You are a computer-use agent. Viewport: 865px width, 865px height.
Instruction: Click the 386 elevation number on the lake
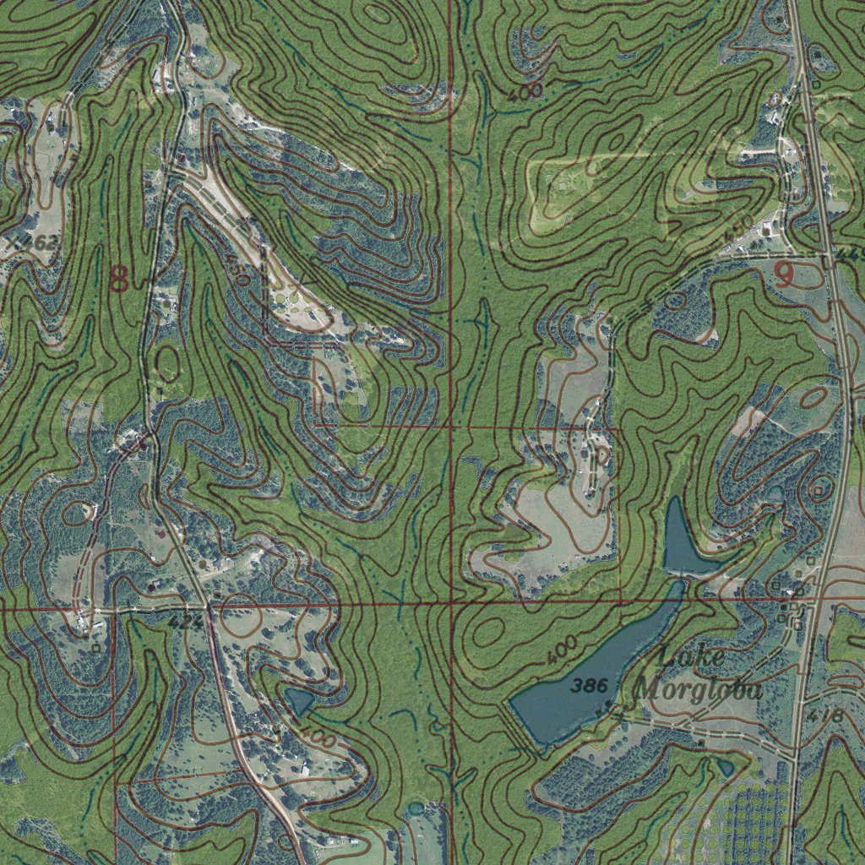(x=589, y=686)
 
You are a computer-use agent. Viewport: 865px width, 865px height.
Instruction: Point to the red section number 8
(x=119, y=278)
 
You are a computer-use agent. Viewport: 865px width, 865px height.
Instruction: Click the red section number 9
(x=784, y=275)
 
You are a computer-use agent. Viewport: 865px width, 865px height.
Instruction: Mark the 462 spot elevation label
(x=38, y=243)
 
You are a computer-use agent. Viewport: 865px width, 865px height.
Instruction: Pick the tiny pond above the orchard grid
(x=725, y=767)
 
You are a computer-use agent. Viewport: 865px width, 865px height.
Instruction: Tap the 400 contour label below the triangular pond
(x=319, y=737)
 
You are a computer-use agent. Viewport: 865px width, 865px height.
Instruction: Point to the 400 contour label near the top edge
(x=525, y=93)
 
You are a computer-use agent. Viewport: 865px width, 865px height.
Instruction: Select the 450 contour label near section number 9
(x=737, y=228)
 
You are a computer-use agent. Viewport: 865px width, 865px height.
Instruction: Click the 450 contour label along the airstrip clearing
(x=238, y=272)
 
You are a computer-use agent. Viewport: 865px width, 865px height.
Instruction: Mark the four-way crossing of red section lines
(x=452, y=603)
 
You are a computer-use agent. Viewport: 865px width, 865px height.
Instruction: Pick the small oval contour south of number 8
(x=167, y=363)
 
